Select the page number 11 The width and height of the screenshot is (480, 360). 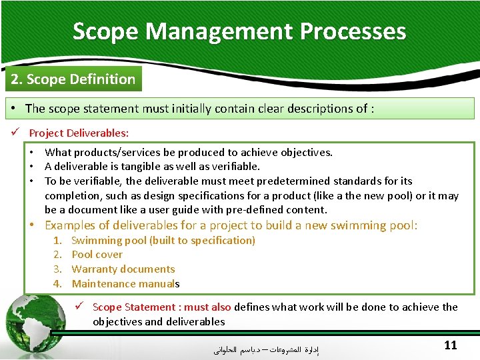(x=450, y=345)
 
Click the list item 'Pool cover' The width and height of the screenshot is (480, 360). (x=97, y=255)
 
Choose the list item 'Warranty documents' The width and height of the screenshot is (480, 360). (x=123, y=269)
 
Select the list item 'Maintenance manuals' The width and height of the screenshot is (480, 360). (x=125, y=284)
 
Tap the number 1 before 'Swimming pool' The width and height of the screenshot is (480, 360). (x=58, y=240)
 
